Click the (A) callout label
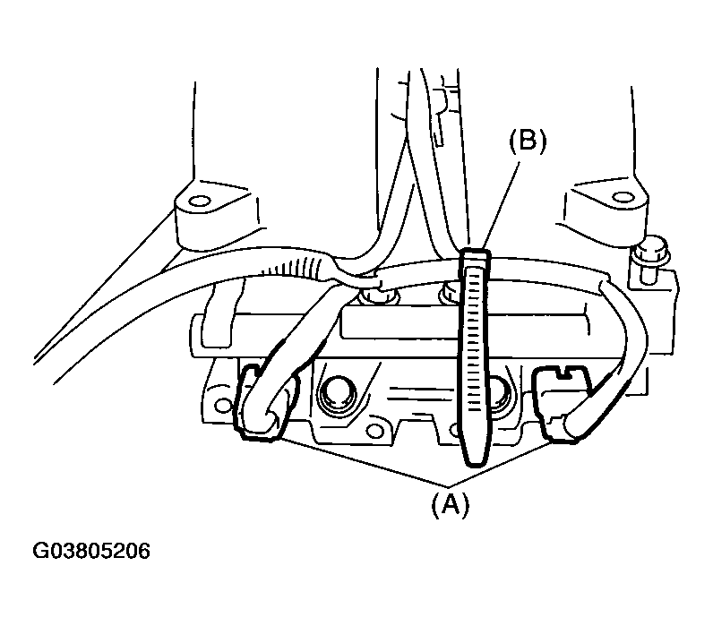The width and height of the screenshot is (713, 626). (450, 504)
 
